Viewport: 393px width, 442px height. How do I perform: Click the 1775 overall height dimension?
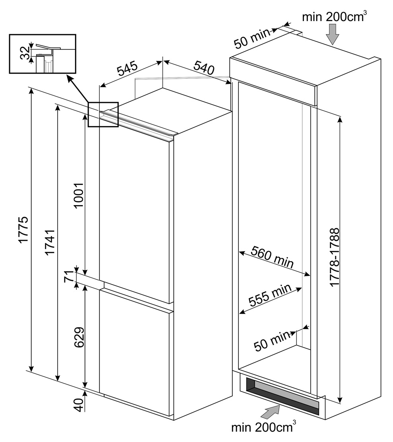pos(23,229)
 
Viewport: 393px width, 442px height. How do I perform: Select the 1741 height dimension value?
pos(50,242)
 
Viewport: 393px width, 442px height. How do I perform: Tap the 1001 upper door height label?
pos(78,195)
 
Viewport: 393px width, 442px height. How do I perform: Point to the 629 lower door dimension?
pos(79,337)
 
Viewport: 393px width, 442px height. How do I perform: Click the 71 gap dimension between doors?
pos(69,277)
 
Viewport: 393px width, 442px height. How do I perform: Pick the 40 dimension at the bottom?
pos(79,405)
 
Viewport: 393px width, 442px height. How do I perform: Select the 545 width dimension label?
pos(127,68)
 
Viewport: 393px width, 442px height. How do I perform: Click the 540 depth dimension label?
pos(204,68)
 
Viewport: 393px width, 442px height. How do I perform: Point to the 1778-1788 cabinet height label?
pos(335,257)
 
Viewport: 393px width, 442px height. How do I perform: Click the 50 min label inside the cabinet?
pos(272,341)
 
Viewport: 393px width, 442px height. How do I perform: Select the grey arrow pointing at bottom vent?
pos(271,413)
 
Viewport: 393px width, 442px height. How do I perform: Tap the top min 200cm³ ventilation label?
pos(335,17)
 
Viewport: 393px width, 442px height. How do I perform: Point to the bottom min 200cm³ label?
pos(264,427)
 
